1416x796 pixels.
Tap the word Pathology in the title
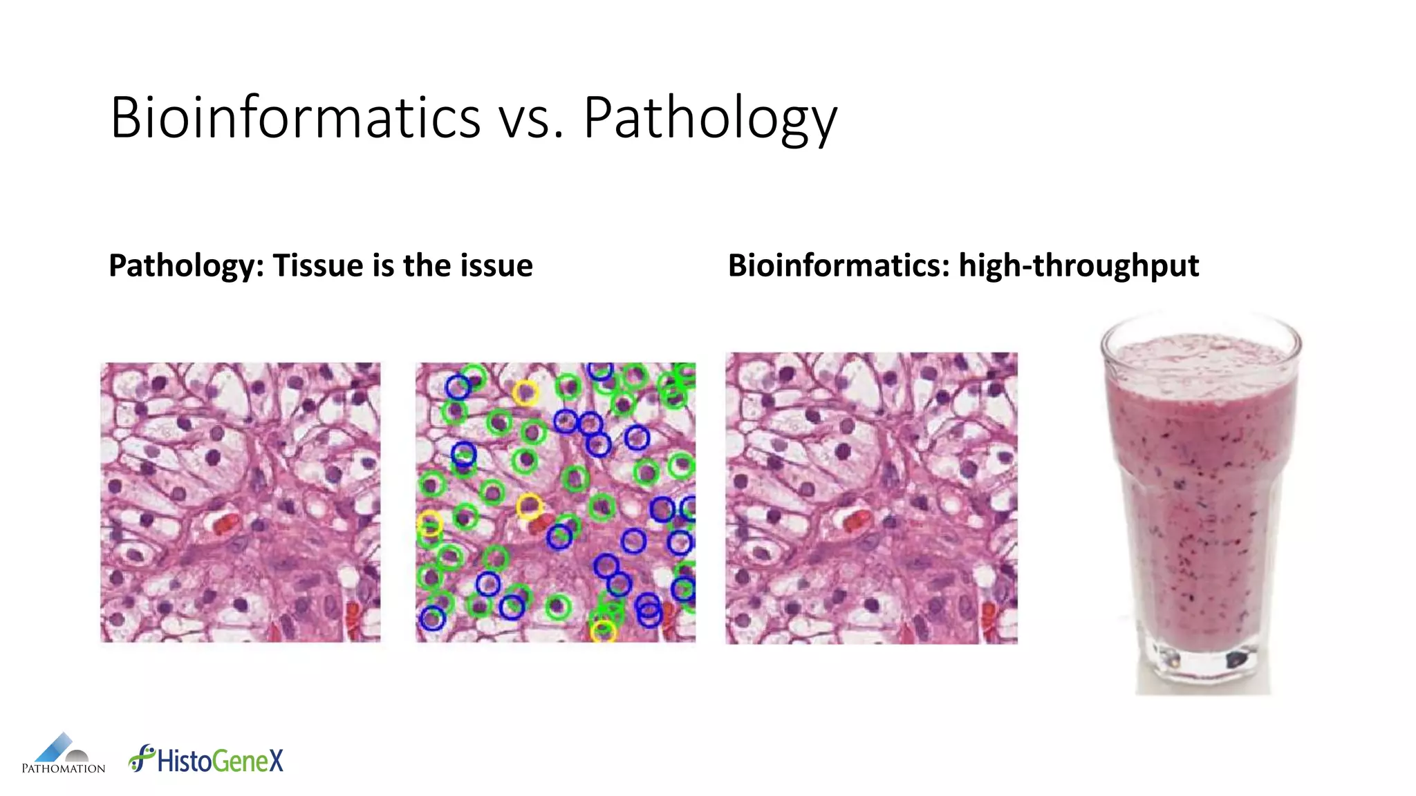[710, 119]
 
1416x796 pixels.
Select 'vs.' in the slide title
[531, 119]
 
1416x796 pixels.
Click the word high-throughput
[1079, 266]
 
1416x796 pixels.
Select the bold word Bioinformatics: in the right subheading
[839, 266]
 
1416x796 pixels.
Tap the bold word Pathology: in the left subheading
[186, 266]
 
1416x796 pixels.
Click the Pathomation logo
[63, 754]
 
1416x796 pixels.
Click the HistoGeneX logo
[206, 759]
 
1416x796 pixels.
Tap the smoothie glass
[1201, 497]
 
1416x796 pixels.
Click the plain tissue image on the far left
[240, 502]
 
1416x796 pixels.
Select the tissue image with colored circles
[555, 502]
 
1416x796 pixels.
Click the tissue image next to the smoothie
[871, 498]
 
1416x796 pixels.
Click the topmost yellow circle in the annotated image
[525, 392]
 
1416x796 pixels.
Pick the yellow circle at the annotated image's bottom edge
[603, 631]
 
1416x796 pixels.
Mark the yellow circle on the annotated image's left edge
[429, 523]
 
